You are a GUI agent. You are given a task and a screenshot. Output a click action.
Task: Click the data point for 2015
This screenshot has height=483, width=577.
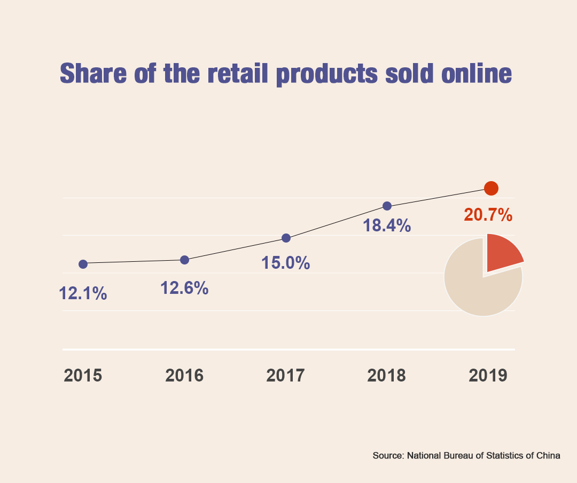tap(83, 264)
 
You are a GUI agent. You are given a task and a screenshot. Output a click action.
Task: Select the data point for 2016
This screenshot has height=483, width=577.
tap(184, 260)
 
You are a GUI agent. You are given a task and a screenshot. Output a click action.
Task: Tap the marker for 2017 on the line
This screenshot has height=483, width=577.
tap(286, 238)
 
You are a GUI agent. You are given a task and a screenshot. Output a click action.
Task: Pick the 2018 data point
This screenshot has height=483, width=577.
tap(387, 206)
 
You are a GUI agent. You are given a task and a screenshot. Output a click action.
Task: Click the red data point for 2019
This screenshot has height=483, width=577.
tap(491, 188)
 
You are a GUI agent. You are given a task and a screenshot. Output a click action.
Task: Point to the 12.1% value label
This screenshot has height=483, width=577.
tap(83, 293)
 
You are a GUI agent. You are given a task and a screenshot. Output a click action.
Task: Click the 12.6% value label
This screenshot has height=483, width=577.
tap(184, 288)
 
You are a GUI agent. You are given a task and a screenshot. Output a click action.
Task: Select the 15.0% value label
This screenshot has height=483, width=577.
tap(286, 263)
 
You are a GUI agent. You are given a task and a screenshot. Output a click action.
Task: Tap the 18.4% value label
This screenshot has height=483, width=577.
tap(387, 225)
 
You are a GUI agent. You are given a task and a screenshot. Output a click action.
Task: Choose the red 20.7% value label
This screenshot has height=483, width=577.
tap(488, 215)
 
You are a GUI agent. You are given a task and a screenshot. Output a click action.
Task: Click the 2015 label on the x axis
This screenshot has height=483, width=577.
tap(83, 376)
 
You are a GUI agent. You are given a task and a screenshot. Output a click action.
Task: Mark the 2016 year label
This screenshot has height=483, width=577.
tap(184, 376)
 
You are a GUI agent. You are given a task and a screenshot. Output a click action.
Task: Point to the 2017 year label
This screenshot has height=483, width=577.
tap(285, 376)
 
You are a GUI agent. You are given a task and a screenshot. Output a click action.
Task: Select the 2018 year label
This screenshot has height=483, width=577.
tap(386, 376)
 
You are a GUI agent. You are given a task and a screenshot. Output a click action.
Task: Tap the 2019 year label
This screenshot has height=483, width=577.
tap(488, 376)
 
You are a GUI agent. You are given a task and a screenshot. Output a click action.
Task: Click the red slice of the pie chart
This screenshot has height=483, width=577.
tap(502, 251)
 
